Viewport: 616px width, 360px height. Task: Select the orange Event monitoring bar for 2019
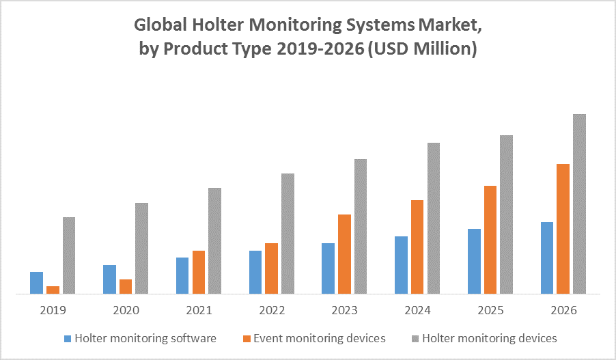(53, 290)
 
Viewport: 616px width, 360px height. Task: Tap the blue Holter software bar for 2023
(328, 268)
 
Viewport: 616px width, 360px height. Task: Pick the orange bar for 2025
(491, 240)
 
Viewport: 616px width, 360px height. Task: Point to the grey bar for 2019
(69, 255)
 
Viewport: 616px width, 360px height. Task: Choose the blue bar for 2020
(109, 279)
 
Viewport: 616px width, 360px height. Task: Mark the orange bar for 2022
(271, 268)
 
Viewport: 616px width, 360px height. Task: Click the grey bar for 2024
(434, 219)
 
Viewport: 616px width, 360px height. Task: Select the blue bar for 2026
(547, 258)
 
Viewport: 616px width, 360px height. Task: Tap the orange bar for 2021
(199, 273)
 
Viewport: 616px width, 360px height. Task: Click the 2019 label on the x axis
(53, 310)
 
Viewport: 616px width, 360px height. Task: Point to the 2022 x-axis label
(272, 310)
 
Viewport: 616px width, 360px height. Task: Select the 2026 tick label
(563, 310)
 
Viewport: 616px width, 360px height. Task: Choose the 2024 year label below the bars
(418, 310)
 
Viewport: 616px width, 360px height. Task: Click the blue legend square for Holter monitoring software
(67, 338)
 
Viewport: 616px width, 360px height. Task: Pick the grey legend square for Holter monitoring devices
(415, 338)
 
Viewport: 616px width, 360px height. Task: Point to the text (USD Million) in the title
(421, 49)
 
